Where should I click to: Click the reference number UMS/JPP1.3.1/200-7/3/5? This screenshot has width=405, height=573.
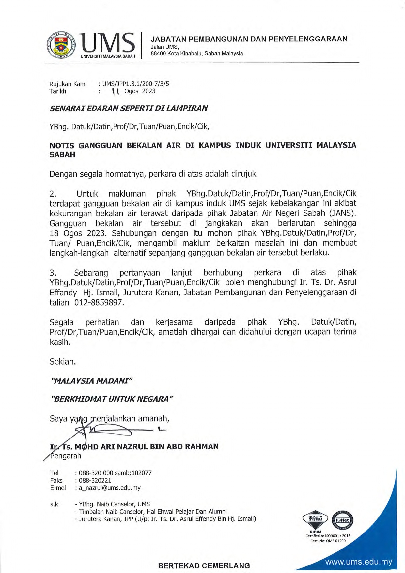pyautogui.click(x=136, y=84)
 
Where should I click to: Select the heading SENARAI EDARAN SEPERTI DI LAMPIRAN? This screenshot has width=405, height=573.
pyautogui.click(x=129, y=108)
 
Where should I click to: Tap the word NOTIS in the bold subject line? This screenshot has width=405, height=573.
pyautogui.click(x=62, y=145)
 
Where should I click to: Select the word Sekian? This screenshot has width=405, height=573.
pyautogui.click(x=63, y=361)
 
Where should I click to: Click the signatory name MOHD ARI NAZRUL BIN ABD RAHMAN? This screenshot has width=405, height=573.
pyautogui.click(x=147, y=446)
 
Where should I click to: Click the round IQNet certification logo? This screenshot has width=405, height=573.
pyautogui.click(x=342, y=520)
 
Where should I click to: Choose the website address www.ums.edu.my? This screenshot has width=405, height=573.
pyautogui.click(x=359, y=562)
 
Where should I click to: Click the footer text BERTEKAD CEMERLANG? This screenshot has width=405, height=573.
pyautogui.click(x=204, y=566)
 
